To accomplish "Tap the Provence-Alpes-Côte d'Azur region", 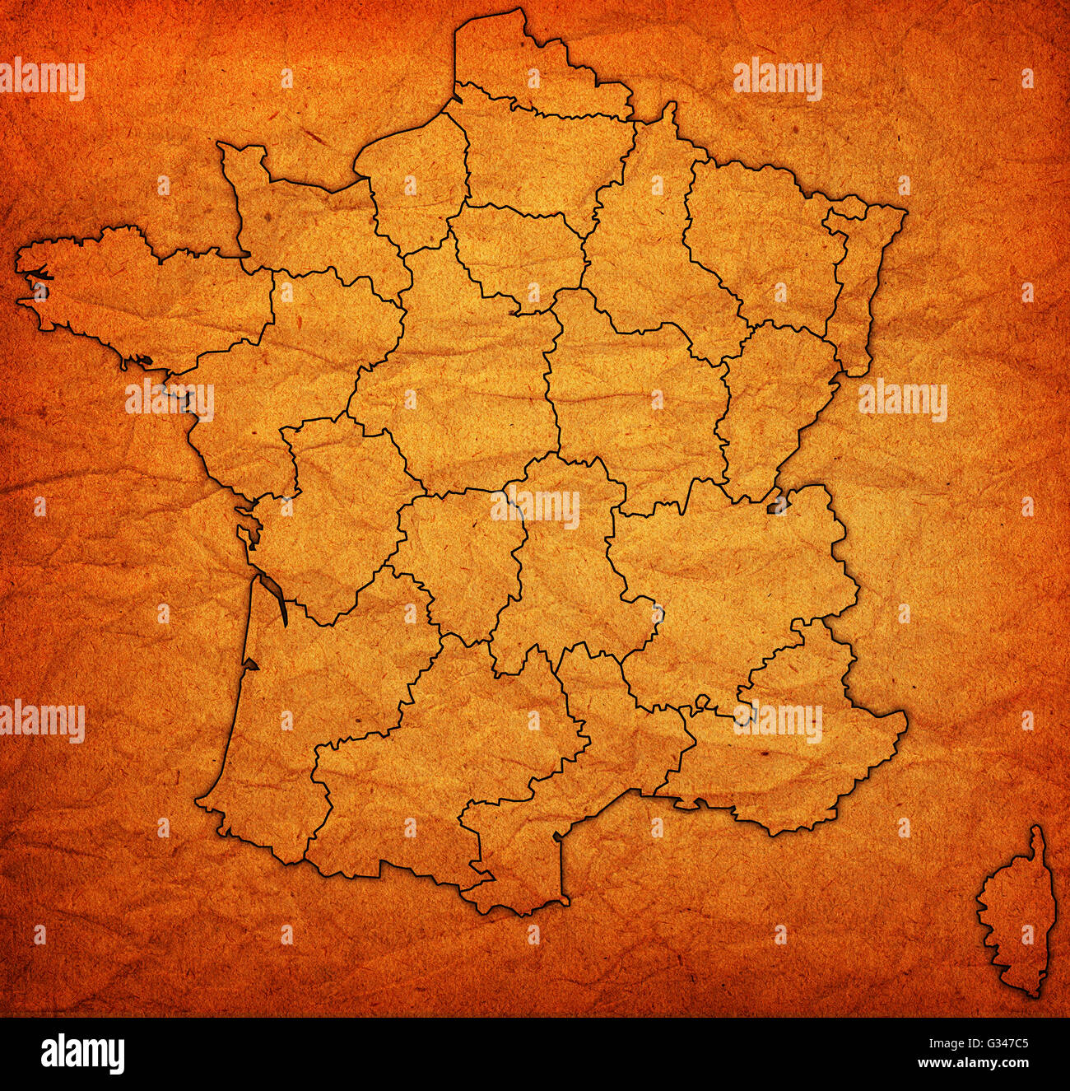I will click(790, 741).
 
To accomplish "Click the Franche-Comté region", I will click(774, 403).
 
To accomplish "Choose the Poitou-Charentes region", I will click(337, 511).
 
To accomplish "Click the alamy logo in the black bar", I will click(82, 1054).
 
